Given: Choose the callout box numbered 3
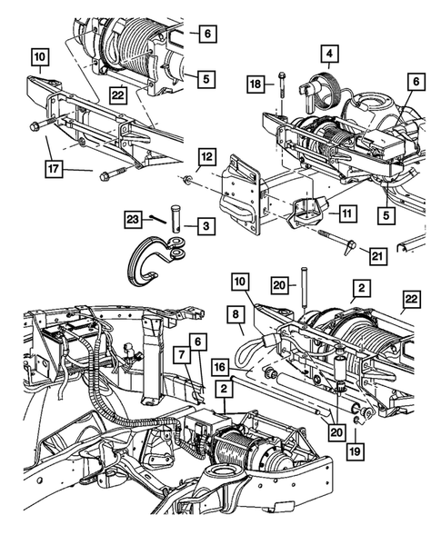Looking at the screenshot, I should (x=208, y=223).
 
